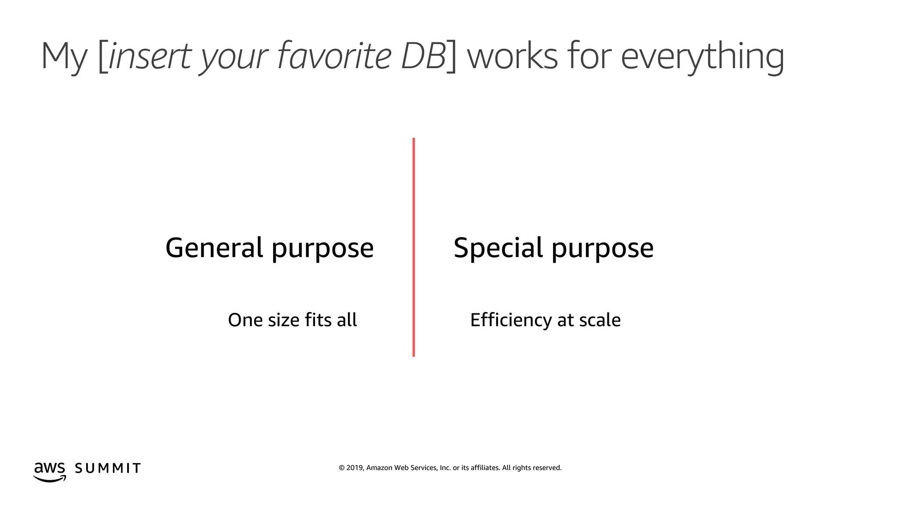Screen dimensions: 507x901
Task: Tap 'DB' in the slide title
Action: pos(423,56)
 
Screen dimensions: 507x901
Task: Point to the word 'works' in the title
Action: pos(512,56)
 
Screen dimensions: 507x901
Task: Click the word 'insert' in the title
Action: pos(150,56)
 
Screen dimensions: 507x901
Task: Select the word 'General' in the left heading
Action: pos(214,247)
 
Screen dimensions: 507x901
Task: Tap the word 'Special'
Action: pos(498,248)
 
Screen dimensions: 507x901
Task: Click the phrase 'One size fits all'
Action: pos(292,320)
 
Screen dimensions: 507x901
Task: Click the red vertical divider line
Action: pos(414,247)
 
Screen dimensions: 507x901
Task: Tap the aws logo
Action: pos(50,472)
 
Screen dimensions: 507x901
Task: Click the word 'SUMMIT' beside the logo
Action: pos(108,468)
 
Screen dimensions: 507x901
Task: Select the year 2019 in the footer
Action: pos(355,468)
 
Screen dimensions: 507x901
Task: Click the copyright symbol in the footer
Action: pos(341,468)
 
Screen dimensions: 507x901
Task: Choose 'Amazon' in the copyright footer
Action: pos(379,468)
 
